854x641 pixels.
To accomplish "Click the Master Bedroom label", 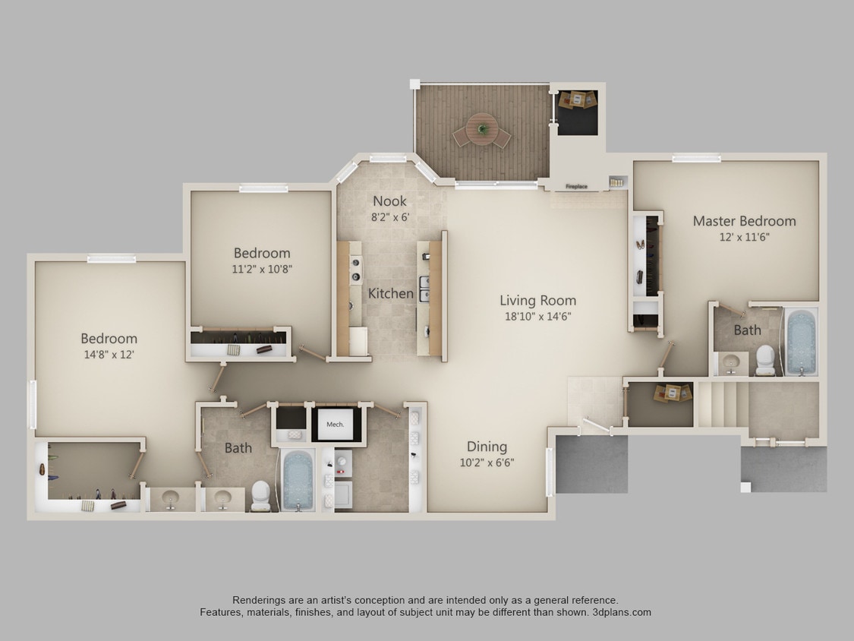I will [x=744, y=221].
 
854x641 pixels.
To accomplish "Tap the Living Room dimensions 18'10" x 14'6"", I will [x=537, y=317].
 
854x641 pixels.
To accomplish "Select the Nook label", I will [x=389, y=201].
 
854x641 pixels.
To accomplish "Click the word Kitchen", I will [x=391, y=293].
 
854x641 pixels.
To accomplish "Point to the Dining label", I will [x=487, y=447].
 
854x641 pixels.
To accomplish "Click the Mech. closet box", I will [x=335, y=425].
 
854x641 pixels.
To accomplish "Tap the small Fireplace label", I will [x=576, y=186].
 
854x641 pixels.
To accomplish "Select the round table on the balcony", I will [x=481, y=127].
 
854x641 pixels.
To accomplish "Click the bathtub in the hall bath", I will [x=298, y=480].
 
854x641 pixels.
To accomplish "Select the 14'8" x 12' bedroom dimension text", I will [x=109, y=355].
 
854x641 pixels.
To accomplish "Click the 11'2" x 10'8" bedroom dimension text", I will [x=262, y=269].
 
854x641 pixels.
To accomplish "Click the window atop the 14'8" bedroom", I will [x=111, y=259].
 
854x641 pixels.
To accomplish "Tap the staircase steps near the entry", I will [x=722, y=404].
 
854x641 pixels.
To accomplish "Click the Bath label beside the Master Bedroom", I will [x=747, y=330].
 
